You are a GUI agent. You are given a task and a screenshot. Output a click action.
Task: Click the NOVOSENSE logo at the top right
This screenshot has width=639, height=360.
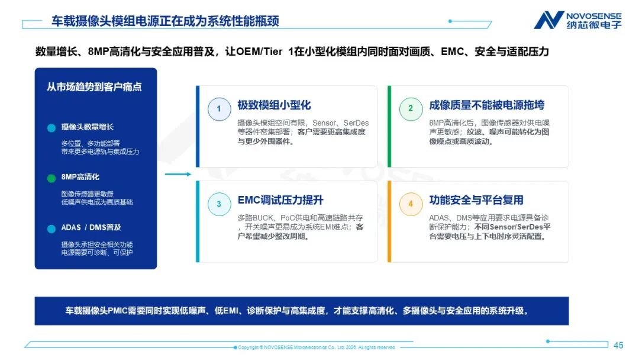[577, 20]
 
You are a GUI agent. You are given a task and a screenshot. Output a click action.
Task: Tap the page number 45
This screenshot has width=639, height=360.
[618, 345]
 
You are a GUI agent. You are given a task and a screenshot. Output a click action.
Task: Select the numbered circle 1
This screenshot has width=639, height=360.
[220, 109]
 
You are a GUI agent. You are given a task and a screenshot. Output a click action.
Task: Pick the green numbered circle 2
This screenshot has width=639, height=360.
[411, 108]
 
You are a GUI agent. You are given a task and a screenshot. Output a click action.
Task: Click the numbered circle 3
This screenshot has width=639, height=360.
[220, 204]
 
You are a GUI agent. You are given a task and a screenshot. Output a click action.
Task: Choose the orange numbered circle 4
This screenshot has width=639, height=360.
[411, 204]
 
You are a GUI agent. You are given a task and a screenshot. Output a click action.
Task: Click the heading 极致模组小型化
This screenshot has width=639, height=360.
[275, 105]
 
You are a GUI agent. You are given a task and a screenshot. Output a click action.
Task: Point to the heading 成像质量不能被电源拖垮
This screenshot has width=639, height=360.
[486, 105]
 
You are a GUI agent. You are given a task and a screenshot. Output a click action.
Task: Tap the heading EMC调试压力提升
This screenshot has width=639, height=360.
[280, 200]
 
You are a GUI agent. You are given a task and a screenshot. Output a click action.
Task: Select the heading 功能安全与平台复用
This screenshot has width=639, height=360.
[476, 200]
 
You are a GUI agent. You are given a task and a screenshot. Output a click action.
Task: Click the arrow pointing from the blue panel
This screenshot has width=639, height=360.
[178, 174]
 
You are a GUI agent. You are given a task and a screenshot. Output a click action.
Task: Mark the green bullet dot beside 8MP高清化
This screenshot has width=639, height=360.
[51, 178]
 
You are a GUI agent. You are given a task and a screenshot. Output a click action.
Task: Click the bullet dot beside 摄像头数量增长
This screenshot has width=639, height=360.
[51, 128]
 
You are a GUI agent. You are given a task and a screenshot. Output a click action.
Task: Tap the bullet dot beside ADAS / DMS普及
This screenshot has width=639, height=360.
[51, 229]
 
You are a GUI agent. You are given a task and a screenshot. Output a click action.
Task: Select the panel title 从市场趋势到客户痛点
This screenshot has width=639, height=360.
[94, 87]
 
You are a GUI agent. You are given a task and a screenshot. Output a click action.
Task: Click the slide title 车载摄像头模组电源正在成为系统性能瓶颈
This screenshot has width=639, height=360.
[165, 21]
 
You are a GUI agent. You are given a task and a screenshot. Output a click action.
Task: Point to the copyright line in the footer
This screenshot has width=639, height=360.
[317, 348]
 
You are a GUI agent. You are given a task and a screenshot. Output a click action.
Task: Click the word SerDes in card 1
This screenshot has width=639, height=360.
[356, 123]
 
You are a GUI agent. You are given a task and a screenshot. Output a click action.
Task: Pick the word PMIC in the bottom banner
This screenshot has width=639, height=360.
[118, 311]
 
